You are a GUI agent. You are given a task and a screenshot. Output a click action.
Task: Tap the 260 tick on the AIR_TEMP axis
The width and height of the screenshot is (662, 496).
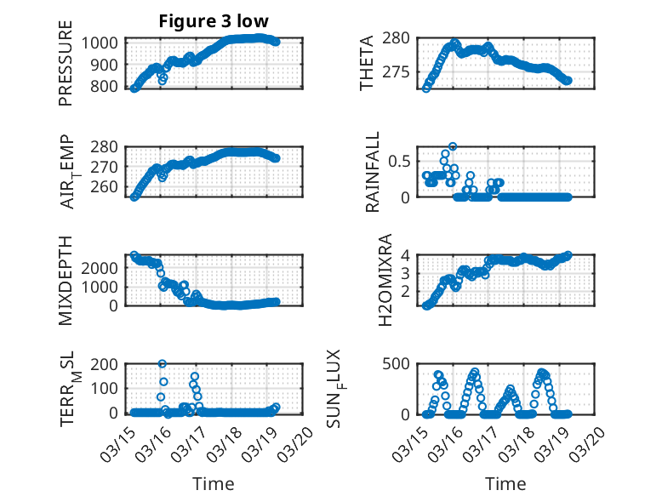111,186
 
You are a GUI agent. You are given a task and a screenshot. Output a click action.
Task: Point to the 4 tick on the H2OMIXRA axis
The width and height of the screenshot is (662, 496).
408,255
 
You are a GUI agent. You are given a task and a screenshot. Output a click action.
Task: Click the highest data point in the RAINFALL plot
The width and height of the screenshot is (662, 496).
453,146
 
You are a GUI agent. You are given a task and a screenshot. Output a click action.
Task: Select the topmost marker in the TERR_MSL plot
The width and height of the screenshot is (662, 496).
162,364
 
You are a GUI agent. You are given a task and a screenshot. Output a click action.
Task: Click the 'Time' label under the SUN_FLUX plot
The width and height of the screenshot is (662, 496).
505,484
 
